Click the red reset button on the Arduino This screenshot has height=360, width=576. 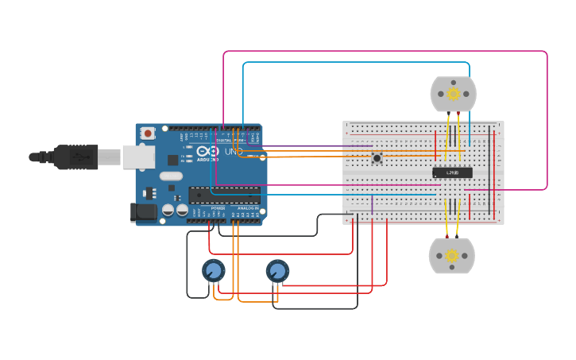(147, 134)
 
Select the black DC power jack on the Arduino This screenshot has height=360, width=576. (141, 212)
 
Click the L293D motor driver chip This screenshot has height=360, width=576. (452, 172)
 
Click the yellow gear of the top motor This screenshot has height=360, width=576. (453, 94)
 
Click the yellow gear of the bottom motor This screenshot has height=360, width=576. (452, 256)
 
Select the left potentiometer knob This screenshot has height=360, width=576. (214, 272)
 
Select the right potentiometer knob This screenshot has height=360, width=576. (277, 272)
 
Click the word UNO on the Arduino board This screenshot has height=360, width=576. (234, 151)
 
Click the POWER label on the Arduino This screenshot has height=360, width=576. (218, 208)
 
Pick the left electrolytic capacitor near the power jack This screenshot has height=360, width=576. (168, 211)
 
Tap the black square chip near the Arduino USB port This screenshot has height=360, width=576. (172, 160)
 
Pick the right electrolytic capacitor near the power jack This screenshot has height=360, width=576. (182, 211)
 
